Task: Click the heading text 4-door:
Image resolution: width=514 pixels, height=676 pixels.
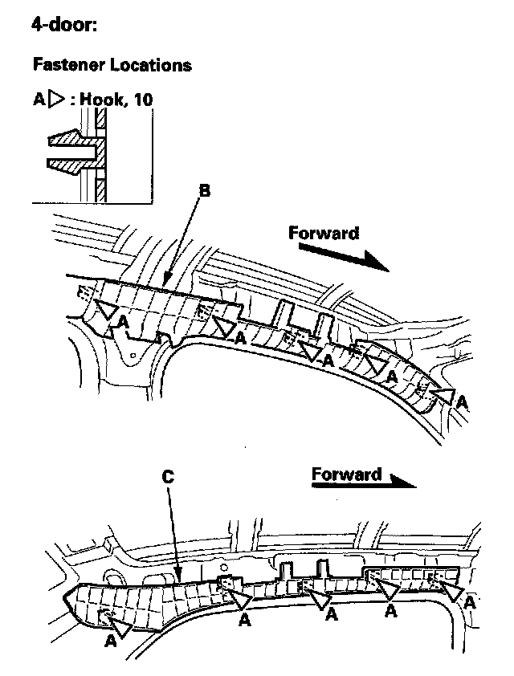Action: [64, 25]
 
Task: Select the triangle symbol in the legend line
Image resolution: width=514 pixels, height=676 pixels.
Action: [56, 100]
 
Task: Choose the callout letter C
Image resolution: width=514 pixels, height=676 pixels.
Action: [168, 475]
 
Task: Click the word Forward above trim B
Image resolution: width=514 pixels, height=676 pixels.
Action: [324, 234]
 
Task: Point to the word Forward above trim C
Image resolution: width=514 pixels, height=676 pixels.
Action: [346, 474]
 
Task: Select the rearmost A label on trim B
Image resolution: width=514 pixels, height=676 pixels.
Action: [122, 320]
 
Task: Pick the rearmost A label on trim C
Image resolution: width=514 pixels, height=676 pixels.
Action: [111, 640]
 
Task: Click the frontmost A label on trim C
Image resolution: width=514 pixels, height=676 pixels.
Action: [470, 601]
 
